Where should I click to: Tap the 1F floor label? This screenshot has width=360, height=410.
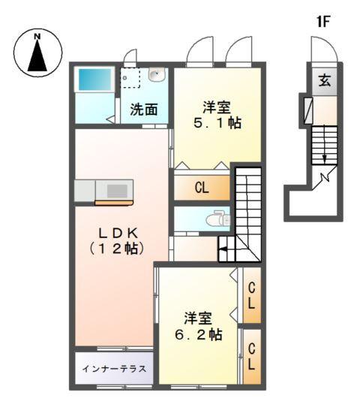(323, 22)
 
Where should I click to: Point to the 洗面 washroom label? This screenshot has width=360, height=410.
(143, 109)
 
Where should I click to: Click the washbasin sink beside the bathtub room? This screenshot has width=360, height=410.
(157, 74)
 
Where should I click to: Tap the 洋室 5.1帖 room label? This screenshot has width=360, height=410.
(218, 113)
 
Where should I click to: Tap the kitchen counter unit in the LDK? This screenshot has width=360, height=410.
(104, 191)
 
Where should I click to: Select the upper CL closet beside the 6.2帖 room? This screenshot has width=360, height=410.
(252, 295)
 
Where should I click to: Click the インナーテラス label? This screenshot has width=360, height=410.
(113, 368)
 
